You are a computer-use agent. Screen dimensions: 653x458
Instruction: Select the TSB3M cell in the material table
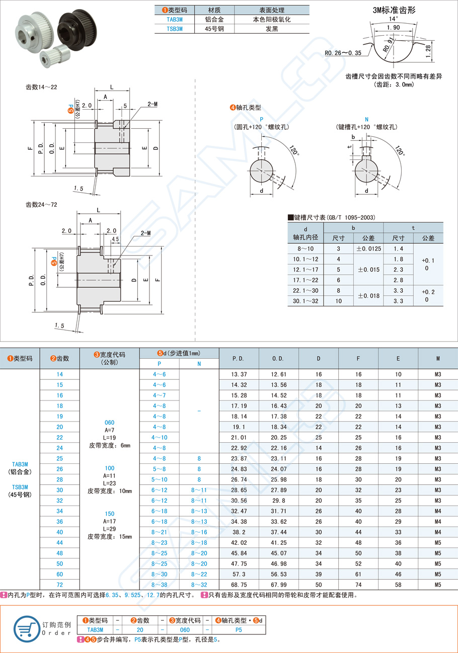[x=174, y=29]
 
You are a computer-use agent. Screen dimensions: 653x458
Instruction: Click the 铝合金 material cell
[x=215, y=19]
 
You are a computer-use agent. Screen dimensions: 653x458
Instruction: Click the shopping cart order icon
[x=27, y=627]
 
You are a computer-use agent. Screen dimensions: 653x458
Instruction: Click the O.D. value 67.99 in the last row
[x=278, y=585]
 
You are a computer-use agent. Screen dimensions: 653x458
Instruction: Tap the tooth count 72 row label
[x=59, y=585]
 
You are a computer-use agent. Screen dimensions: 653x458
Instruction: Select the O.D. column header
[x=278, y=359]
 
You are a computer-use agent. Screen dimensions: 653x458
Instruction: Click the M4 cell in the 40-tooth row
[x=437, y=532]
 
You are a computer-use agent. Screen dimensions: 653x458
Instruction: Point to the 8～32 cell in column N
[x=199, y=585]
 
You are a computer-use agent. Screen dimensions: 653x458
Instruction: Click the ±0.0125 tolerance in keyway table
[x=368, y=249]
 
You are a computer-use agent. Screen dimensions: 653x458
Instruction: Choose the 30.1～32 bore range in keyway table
[x=306, y=301]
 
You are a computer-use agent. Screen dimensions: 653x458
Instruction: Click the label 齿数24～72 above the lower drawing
[x=41, y=205]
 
